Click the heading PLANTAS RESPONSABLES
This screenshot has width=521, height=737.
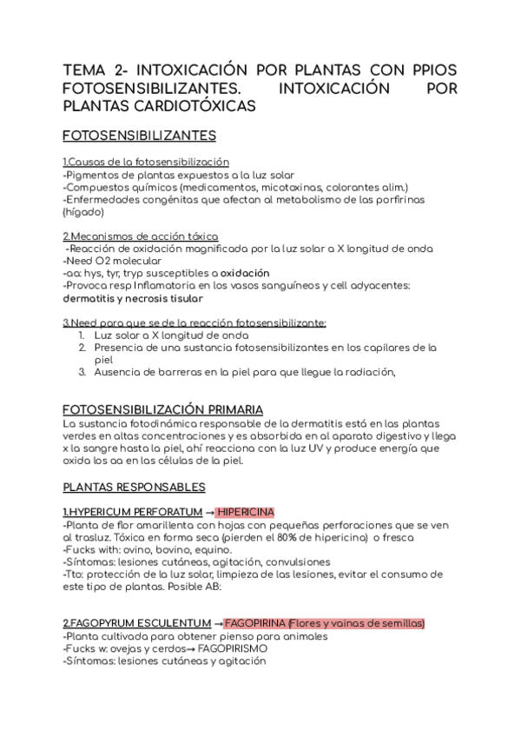coord(134,487)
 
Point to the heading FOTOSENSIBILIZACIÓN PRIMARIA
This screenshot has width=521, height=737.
coord(162,409)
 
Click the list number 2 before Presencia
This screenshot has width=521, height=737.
coord(80,348)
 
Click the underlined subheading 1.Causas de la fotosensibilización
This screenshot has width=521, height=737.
coord(146,162)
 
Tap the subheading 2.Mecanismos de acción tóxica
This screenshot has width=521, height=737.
coord(140,236)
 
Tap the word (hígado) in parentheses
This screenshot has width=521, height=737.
coord(83,211)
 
